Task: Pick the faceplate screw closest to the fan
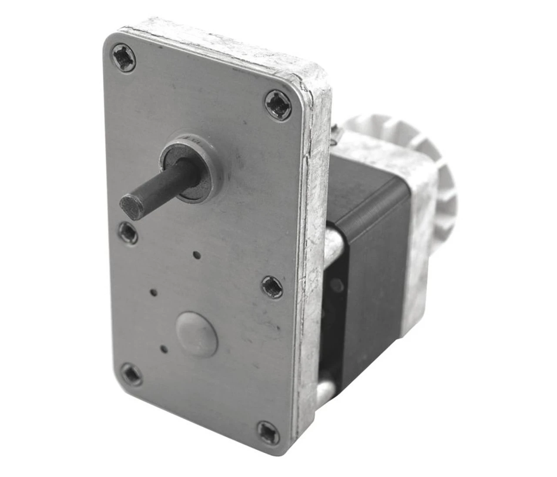tap(278, 105)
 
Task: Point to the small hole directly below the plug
tap(164, 348)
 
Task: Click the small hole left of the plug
tap(153, 290)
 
